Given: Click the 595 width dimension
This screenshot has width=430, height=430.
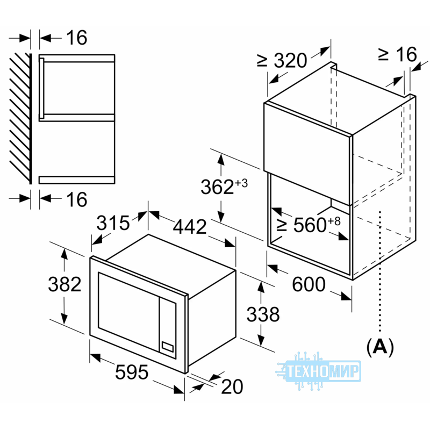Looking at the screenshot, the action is (x=132, y=372).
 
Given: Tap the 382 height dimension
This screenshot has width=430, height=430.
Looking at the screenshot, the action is (x=64, y=284).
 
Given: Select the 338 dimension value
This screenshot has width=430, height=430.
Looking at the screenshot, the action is (x=263, y=314).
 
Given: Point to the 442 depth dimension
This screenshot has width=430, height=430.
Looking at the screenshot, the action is (x=190, y=227).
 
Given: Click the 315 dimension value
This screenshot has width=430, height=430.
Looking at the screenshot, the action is (x=113, y=223).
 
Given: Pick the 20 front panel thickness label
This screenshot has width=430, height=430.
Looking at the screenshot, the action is (x=232, y=386).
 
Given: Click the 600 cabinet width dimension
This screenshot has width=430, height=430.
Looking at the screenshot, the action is (x=309, y=284).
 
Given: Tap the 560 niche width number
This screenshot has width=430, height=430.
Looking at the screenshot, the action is (x=310, y=225).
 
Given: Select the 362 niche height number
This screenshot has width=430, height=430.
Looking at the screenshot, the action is (x=217, y=187).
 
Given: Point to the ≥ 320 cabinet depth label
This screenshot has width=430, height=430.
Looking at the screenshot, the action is (x=282, y=60).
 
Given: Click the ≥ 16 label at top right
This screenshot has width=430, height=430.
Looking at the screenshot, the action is (x=397, y=54).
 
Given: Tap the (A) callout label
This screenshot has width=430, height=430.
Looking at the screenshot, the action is (x=380, y=347).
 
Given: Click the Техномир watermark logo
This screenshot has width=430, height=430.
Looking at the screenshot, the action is (x=318, y=370).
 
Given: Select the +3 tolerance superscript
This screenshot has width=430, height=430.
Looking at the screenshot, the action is (x=241, y=183).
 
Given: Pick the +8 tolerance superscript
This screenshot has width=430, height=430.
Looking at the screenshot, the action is (x=334, y=221).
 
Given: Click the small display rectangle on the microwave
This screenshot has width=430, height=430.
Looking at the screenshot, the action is (x=167, y=347).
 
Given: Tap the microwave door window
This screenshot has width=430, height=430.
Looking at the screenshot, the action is (x=128, y=312).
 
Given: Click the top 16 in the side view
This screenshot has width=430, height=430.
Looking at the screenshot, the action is (x=77, y=38).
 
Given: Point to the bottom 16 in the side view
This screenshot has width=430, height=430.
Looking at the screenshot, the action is (x=77, y=199).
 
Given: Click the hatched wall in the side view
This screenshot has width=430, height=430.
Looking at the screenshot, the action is (x=20, y=118).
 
